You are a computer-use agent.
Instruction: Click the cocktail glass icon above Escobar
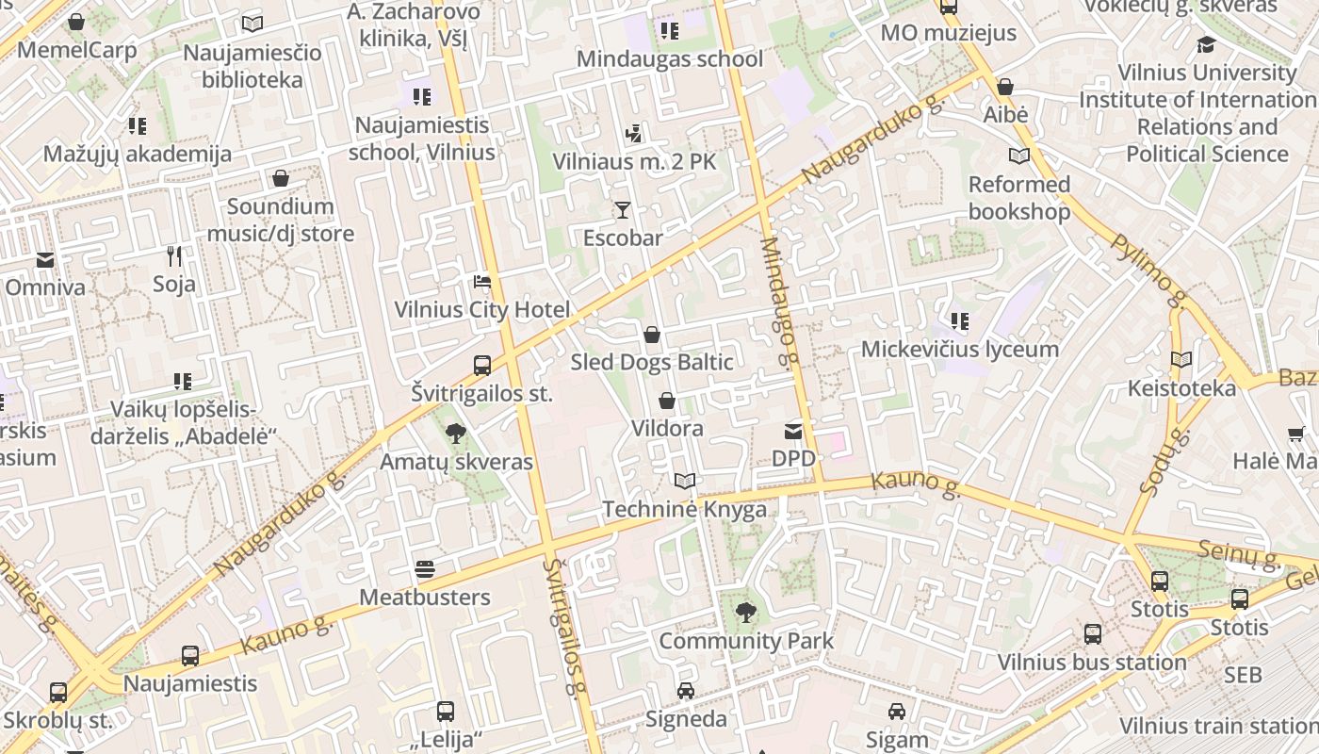coord(622,209)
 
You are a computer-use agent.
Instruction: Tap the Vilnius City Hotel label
coord(481,310)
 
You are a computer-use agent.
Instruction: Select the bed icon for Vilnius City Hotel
coord(481,282)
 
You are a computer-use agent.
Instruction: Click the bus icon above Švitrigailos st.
coord(481,365)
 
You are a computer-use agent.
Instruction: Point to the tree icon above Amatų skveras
coord(456,434)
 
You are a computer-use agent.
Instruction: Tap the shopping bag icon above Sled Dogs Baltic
coord(651,334)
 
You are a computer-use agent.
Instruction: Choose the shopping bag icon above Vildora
coord(667,401)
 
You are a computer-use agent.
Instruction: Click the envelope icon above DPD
coord(792,431)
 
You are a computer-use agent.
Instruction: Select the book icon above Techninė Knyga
coord(685,481)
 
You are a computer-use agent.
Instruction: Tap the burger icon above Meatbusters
coord(424,569)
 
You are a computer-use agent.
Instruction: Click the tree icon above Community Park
coord(745,613)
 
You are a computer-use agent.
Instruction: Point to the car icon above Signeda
coord(686,691)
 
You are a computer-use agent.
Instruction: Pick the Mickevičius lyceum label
coord(959,350)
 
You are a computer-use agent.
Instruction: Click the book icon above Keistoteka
coord(1181,359)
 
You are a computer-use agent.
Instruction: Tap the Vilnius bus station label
coord(1092,663)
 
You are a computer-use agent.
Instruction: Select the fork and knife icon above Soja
coord(174,255)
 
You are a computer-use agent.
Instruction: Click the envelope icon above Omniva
coord(44,260)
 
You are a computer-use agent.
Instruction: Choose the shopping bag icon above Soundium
coord(280,178)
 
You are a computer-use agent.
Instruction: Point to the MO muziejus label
coord(948,33)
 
